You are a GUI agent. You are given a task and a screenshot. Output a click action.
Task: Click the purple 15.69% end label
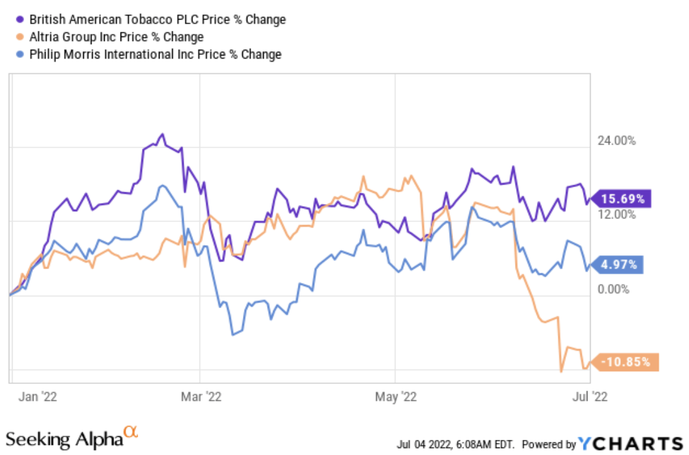623,199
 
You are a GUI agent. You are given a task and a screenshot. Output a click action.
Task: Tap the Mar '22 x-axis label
200,396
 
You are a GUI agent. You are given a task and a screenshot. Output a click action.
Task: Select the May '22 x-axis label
396,396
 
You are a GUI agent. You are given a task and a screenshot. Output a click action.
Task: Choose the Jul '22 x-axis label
590,396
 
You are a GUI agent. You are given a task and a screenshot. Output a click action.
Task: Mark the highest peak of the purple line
162,134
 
